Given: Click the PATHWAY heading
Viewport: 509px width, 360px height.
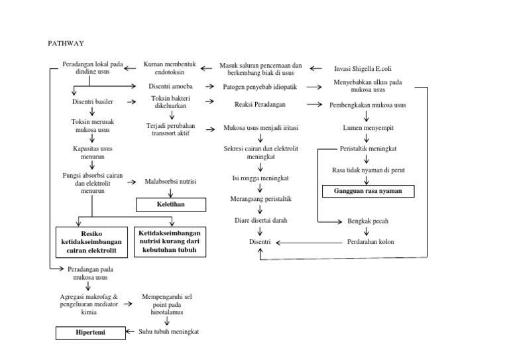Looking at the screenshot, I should click(x=65, y=43).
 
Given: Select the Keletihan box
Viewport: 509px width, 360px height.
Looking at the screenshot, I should click(x=171, y=205).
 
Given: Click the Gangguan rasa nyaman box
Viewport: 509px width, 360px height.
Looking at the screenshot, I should click(x=367, y=192).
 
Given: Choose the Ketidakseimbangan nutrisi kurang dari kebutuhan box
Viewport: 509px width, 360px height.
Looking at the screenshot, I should click(x=170, y=242).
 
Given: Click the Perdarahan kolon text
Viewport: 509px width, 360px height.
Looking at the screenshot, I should click(x=370, y=242).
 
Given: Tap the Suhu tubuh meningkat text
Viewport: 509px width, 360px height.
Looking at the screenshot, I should click(x=168, y=331).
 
